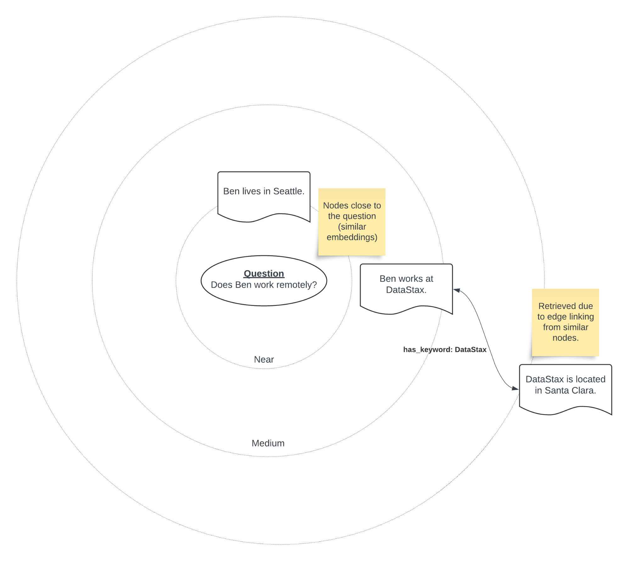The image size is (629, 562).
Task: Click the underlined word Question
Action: (264, 274)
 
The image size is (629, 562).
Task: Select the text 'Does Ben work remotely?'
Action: (264, 285)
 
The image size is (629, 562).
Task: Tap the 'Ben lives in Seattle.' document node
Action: (264, 197)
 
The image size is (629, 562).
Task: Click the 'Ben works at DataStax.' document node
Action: (406, 289)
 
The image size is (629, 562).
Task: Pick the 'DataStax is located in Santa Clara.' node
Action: (565, 390)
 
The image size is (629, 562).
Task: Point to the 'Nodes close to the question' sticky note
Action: (352, 222)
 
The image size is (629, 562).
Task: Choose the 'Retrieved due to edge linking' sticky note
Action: (565, 323)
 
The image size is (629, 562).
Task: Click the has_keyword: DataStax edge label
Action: (445, 350)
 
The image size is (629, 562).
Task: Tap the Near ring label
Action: (264, 359)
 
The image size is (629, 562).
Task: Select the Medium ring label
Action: (268, 443)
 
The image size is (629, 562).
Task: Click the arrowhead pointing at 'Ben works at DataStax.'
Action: (457, 290)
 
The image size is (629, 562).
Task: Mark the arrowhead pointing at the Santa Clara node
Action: (515, 388)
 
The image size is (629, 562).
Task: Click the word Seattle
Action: (289, 191)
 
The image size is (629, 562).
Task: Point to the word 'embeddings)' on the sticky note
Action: (352, 237)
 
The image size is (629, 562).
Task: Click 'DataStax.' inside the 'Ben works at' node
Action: (406, 290)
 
